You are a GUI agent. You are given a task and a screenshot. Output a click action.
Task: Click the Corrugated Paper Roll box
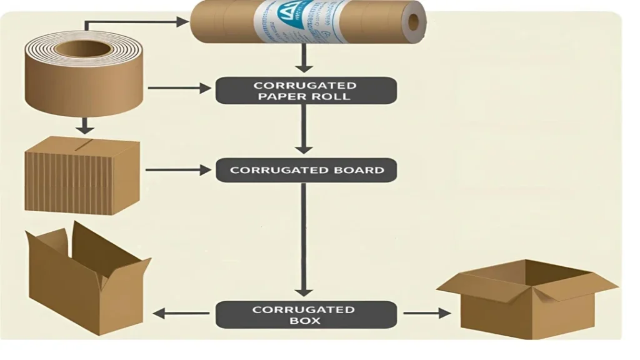point(306,91)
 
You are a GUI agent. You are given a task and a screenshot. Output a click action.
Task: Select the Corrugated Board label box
point(306,170)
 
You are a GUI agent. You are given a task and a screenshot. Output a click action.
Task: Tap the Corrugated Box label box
point(306,314)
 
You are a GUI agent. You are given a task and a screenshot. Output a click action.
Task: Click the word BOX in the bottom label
point(305,321)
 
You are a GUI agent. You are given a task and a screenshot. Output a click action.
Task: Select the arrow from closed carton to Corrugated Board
point(178,169)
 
